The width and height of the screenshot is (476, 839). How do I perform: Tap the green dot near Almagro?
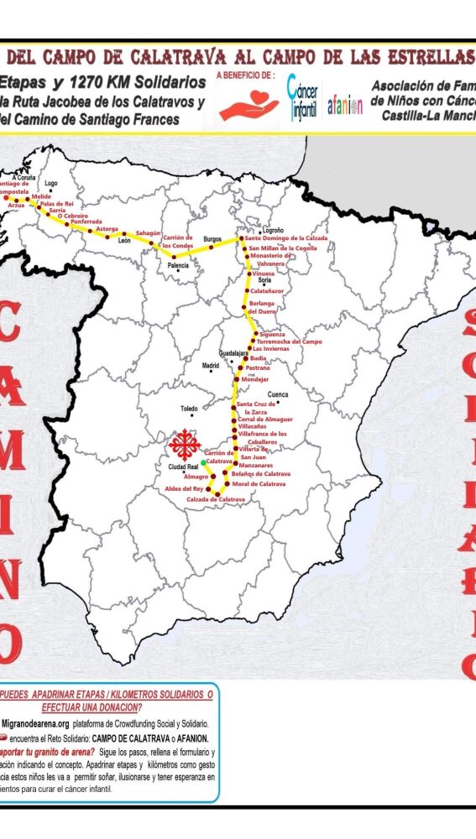click(x=203, y=462)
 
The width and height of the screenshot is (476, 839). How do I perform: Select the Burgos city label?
click(x=212, y=239)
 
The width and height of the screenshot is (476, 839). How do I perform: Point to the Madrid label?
click(x=210, y=366)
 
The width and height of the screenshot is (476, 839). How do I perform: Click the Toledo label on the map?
click(x=189, y=409)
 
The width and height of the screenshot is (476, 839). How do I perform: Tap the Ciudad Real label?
click(x=182, y=466)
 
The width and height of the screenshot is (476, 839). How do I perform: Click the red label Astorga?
click(x=107, y=228)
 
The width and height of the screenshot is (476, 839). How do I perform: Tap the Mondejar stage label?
click(x=254, y=379)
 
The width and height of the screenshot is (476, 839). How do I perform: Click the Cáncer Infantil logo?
click(x=303, y=98)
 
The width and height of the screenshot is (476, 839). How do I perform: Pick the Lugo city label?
click(x=51, y=183)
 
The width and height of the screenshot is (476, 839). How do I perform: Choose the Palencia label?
click(x=178, y=265)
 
